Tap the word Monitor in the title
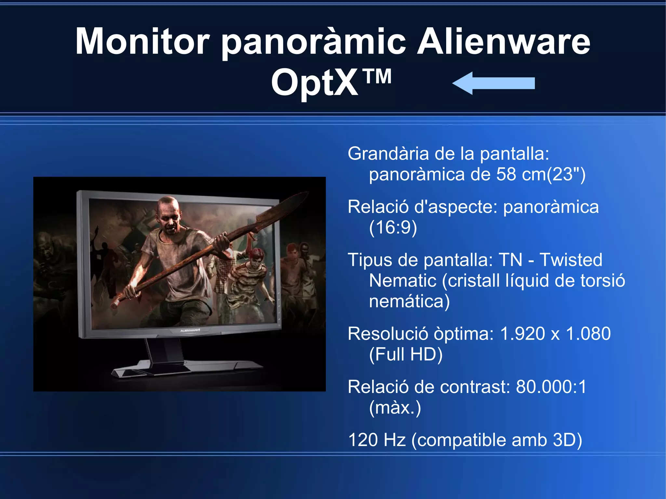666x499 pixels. (x=142, y=42)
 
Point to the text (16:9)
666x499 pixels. (x=393, y=227)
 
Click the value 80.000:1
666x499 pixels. (x=551, y=387)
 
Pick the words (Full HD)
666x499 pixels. (x=406, y=354)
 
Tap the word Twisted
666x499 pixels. (x=571, y=260)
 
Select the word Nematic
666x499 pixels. (x=403, y=281)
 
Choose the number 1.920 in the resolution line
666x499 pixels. (x=522, y=334)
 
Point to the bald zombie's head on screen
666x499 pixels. (x=168, y=211)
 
